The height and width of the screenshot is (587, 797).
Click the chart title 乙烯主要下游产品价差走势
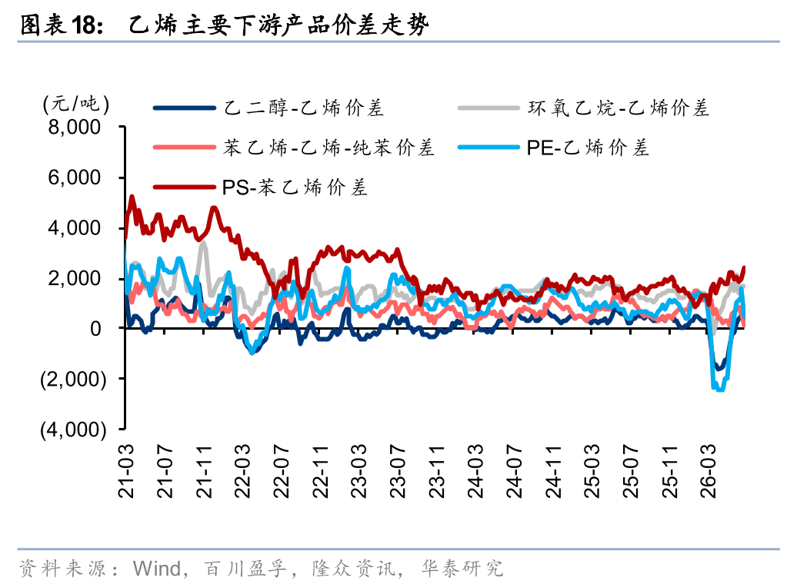(x=278, y=25)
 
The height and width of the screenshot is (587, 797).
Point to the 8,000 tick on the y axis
(x=75, y=127)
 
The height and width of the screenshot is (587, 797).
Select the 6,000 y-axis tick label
(x=75, y=177)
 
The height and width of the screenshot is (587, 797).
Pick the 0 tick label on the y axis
(x=95, y=329)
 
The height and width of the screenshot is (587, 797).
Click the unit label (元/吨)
(x=75, y=104)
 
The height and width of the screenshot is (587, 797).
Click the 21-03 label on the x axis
(x=125, y=471)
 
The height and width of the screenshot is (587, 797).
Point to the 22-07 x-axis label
(x=281, y=471)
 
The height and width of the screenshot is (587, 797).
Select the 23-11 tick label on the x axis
(x=437, y=471)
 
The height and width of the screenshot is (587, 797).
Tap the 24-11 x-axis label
(x=553, y=471)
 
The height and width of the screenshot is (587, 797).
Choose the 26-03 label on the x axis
(x=708, y=471)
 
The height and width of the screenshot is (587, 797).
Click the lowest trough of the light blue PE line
(x=720, y=390)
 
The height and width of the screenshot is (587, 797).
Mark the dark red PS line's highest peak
(x=132, y=196)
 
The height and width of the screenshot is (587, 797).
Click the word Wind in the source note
(x=157, y=569)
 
